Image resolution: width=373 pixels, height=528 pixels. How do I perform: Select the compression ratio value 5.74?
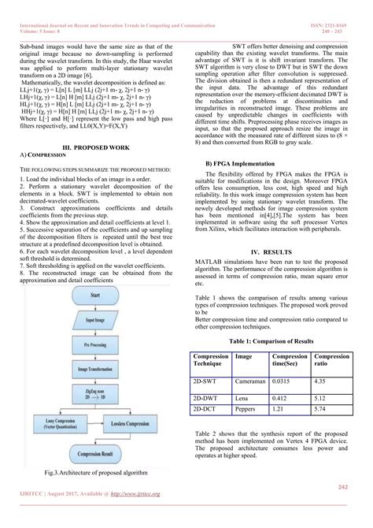point(319,411)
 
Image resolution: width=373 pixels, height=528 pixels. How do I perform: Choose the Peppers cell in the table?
point(246,411)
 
